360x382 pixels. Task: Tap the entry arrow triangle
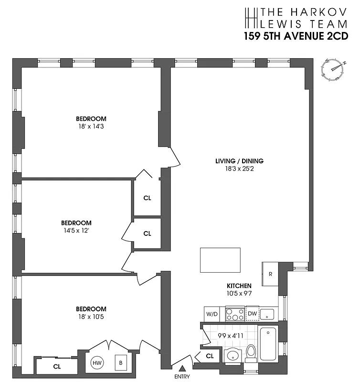coord(181,368)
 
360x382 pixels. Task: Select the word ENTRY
coord(182,376)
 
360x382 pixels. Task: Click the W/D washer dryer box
coord(212,314)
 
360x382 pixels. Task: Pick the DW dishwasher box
coord(252,314)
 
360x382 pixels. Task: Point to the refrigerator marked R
coord(270,274)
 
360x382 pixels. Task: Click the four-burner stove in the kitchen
coord(234,314)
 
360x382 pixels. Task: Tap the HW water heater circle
coord(97,363)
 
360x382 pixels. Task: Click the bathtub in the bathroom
coord(268,343)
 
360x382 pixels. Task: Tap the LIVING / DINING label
coord(239,161)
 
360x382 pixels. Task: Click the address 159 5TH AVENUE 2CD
coord(296,37)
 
